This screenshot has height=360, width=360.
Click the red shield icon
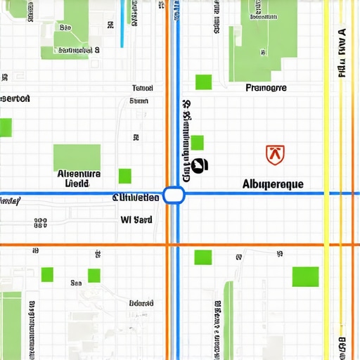(275, 154)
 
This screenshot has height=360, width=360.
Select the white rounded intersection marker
(174, 195)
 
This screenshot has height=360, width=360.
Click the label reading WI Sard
(136, 219)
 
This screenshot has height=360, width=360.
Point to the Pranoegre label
(266, 89)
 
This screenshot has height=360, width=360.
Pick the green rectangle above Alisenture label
(77, 156)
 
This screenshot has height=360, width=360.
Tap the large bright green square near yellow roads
(305, 276)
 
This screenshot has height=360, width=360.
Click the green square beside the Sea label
(94, 275)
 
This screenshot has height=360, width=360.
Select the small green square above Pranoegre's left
(203, 82)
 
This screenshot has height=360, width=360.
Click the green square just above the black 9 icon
(197, 143)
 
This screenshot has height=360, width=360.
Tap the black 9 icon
(200, 165)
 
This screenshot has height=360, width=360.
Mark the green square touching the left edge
(6, 127)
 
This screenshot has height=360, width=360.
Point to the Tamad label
(143, 89)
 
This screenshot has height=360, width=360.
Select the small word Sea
(76, 283)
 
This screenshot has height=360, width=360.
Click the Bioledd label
(141, 304)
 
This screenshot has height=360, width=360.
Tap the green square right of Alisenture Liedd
(124, 176)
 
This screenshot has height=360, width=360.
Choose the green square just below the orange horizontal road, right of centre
(203, 257)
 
